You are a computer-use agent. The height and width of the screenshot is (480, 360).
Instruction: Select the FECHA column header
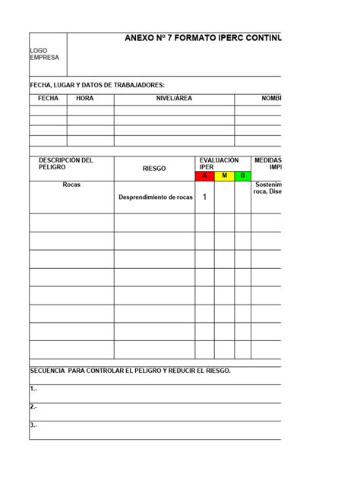pos(48,99)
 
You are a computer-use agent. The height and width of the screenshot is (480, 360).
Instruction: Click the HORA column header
pos(86,99)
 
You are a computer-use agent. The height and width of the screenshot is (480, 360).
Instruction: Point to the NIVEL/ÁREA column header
pos(174,99)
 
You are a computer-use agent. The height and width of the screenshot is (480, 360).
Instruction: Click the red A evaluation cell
pos(204,176)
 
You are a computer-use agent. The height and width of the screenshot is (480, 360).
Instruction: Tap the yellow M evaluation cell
pos(224,176)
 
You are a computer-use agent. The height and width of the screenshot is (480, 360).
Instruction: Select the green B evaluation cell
pos(243,176)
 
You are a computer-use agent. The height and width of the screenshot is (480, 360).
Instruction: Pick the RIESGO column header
pos(154,169)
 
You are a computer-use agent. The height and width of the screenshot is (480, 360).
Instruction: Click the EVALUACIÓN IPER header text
pos(219,163)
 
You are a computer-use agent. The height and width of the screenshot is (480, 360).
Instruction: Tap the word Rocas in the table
pos(72,185)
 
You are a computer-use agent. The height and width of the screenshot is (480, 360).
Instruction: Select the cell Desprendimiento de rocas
pos(155,197)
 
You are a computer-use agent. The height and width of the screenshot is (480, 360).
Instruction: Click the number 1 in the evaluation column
pos(204,197)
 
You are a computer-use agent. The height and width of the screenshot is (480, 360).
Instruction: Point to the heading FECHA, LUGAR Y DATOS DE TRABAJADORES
pos(97,85)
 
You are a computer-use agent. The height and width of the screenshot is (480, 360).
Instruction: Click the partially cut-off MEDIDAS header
pos(268,163)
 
